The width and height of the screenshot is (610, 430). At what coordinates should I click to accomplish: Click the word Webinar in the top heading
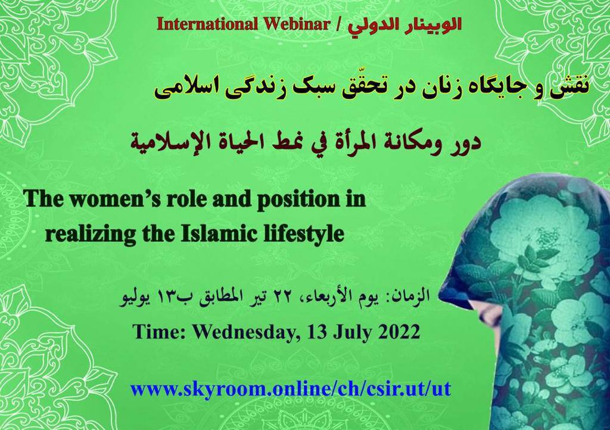(x=297, y=24)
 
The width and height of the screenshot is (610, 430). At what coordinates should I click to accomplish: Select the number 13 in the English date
(x=316, y=332)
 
